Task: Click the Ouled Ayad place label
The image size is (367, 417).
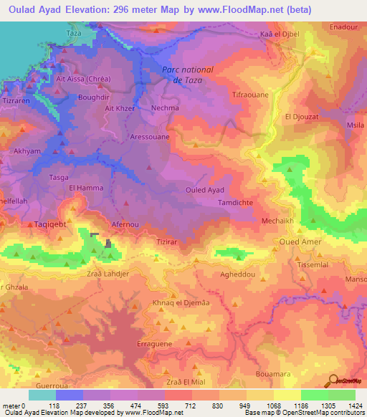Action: (205, 190)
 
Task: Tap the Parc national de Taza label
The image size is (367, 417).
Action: (187, 75)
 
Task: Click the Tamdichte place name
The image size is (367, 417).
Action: (235, 203)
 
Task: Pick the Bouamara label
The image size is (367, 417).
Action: (274, 374)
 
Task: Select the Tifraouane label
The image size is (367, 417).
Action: (250, 94)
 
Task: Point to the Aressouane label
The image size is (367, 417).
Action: (150, 135)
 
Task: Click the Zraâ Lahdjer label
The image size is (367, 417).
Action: (108, 274)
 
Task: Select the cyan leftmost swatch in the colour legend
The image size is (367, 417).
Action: (42, 395)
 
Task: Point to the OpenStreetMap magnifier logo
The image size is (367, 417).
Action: (333, 380)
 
